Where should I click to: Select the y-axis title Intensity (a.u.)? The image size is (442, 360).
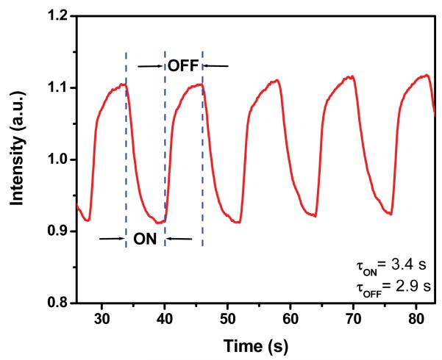(16, 159)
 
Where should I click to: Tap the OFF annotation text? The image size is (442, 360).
(183, 66)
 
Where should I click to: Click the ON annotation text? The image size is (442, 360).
(145, 239)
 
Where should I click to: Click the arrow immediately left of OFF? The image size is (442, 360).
(152, 66)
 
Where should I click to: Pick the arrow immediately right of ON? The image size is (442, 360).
(179, 239)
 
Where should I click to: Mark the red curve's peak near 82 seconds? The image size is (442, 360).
(426, 75)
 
